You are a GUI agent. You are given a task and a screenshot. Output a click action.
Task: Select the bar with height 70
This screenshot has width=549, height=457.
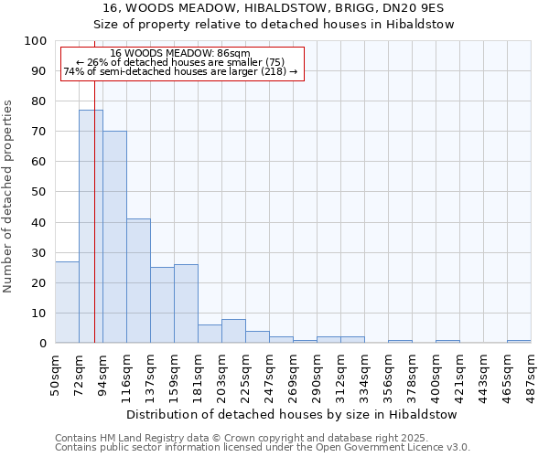(x=114, y=237)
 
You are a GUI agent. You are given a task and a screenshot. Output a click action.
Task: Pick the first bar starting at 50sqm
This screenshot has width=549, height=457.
(x=67, y=302)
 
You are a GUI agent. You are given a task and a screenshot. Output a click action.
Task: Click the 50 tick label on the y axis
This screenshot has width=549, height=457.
(x=39, y=192)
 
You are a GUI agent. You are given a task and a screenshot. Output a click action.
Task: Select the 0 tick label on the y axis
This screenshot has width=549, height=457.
(x=43, y=343)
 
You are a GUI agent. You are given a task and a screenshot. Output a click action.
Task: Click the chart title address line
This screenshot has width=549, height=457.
(x=274, y=7)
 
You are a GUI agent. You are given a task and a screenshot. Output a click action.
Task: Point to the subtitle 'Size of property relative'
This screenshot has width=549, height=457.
(x=274, y=25)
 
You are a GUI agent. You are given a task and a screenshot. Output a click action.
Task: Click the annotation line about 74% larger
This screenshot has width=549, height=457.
(x=180, y=71)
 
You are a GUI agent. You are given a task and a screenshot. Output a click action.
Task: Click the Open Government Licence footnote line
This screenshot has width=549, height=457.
(x=263, y=448)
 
